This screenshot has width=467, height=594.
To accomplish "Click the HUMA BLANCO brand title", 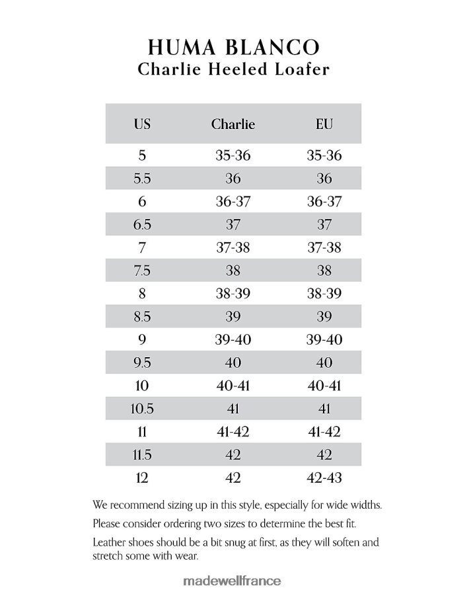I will pyautogui.click(x=233, y=47).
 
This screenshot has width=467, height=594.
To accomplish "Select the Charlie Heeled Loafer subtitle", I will pyautogui.click(x=233, y=69).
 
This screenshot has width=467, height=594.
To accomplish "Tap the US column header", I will pyautogui.click(x=142, y=124).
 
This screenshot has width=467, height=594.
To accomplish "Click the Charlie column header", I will pyautogui.click(x=233, y=124).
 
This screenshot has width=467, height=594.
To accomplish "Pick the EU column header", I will pyautogui.click(x=324, y=124).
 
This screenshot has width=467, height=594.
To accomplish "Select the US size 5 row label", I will pyautogui.click(x=142, y=156).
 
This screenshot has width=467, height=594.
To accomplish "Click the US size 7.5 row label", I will pyautogui.click(x=142, y=271).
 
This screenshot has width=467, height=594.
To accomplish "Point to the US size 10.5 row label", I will pyautogui.click(x=142, y=409).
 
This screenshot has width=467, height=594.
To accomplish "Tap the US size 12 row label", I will pyautogui.click(x=142, y=478).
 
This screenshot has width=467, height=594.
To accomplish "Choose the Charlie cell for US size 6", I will pyautogui.click(x=233, y=202).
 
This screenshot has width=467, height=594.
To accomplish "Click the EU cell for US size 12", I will pyautogui.click(x=324, y=478).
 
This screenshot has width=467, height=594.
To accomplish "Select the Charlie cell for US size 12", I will pyautogui.click(x=233, y=478).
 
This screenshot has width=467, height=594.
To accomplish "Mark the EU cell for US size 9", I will pyautogui.click(x=324, y=340).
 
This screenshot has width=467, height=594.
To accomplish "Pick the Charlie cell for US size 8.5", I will pyautogui.click(x=233, y=317).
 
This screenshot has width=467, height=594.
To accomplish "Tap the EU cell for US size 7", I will pyautogui.click(x=324, y=247).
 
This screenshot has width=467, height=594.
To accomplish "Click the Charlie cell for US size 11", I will pyautogui.click(x=233, y=432).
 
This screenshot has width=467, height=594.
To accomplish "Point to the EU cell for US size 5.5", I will pyautogui.click(x=324, y=179).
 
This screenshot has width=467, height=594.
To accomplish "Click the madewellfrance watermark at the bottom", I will pyautogui.click(x=231, y=581).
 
